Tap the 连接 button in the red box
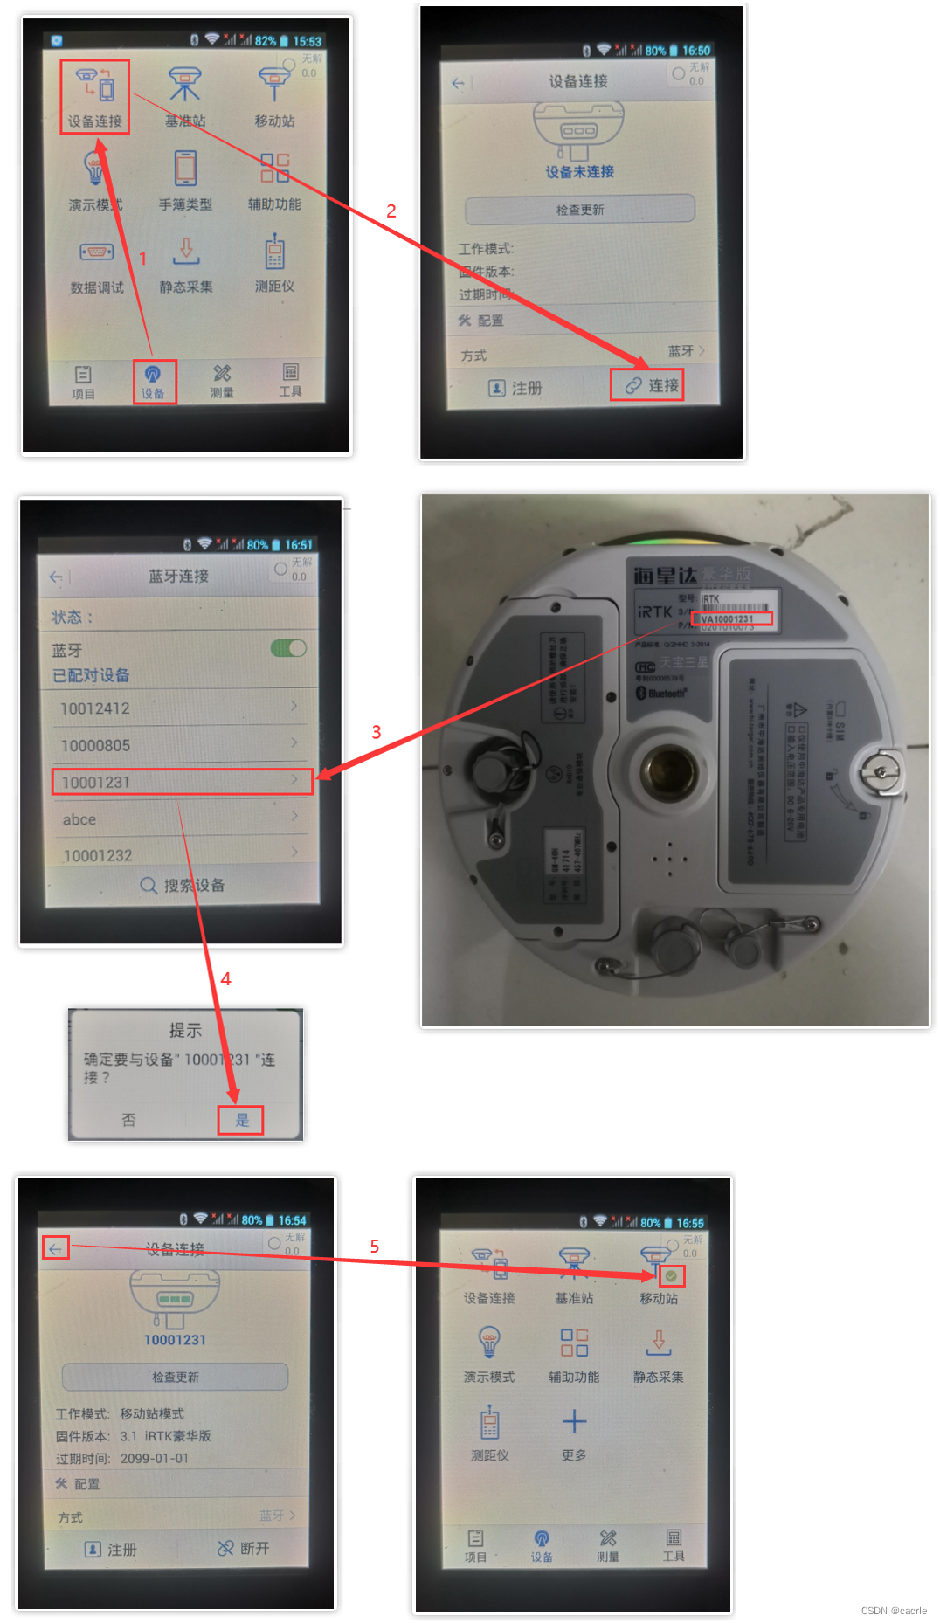point(646,385)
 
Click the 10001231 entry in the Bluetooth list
point(182,782)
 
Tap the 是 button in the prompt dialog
point(241,1120)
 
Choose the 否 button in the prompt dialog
point(128,1120)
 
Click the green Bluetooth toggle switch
point(288,648)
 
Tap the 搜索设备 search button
point(183,885)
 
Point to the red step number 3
point(377,732)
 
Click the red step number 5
point(375,1246)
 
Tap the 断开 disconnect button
point(244,1548)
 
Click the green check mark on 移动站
point(671,1276)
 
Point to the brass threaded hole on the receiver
point(668,769)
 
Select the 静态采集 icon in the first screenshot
point(186,262)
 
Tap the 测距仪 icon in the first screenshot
point(274,262)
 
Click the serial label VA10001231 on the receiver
point(732,619)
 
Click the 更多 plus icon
point(574,1422)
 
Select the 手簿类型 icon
point(185,179)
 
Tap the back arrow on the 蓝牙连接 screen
point(56,577)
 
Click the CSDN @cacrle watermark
point(893,1611)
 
